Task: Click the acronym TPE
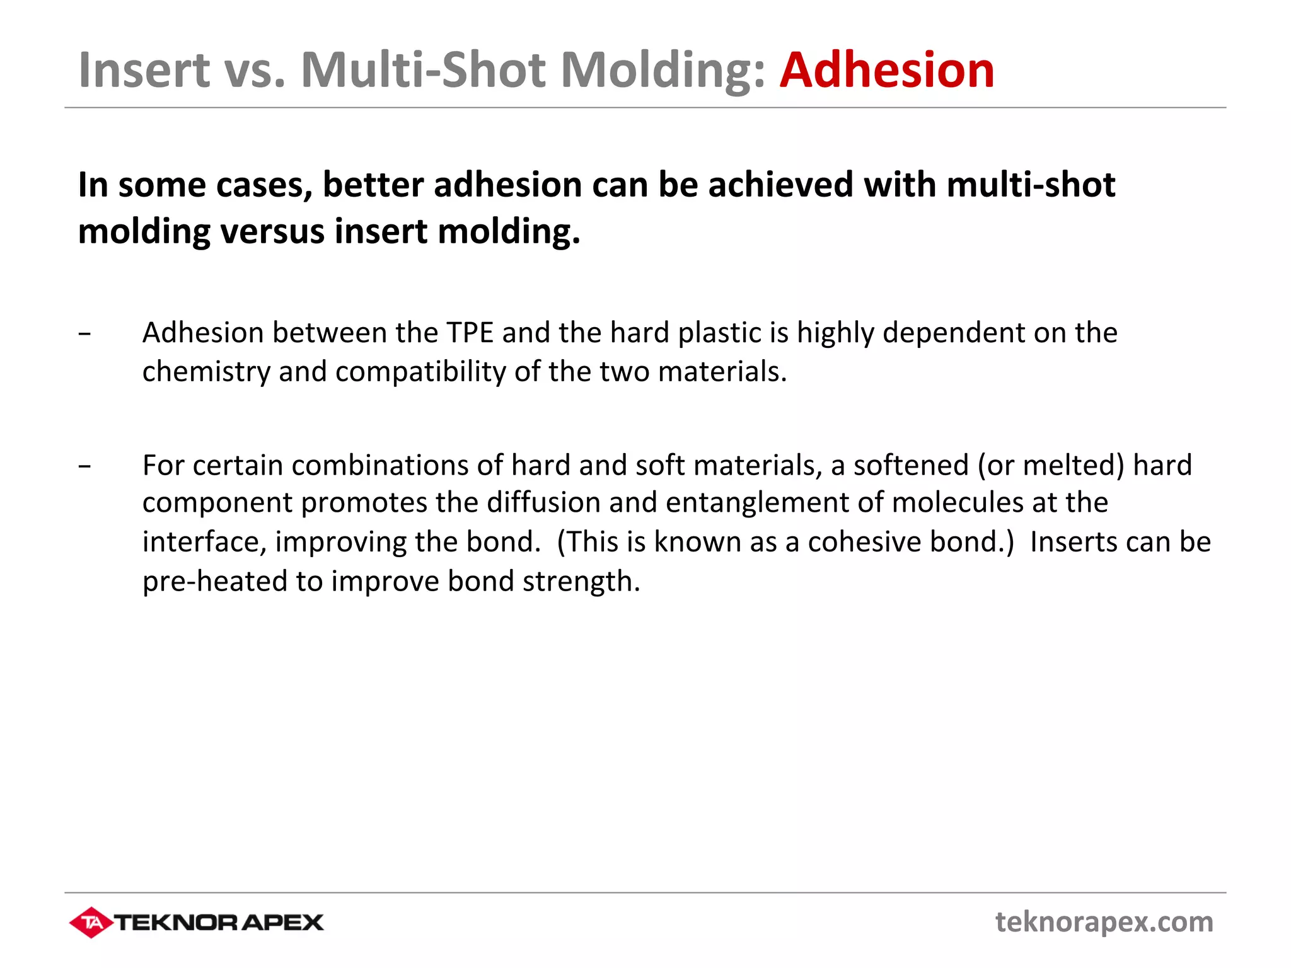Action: point(470,333)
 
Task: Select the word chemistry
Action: point(206,372)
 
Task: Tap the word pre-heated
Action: point(214,580)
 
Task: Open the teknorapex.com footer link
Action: point(1104,922)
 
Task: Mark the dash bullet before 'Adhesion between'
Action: point(85,333)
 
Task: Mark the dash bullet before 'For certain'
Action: point(85,466)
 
